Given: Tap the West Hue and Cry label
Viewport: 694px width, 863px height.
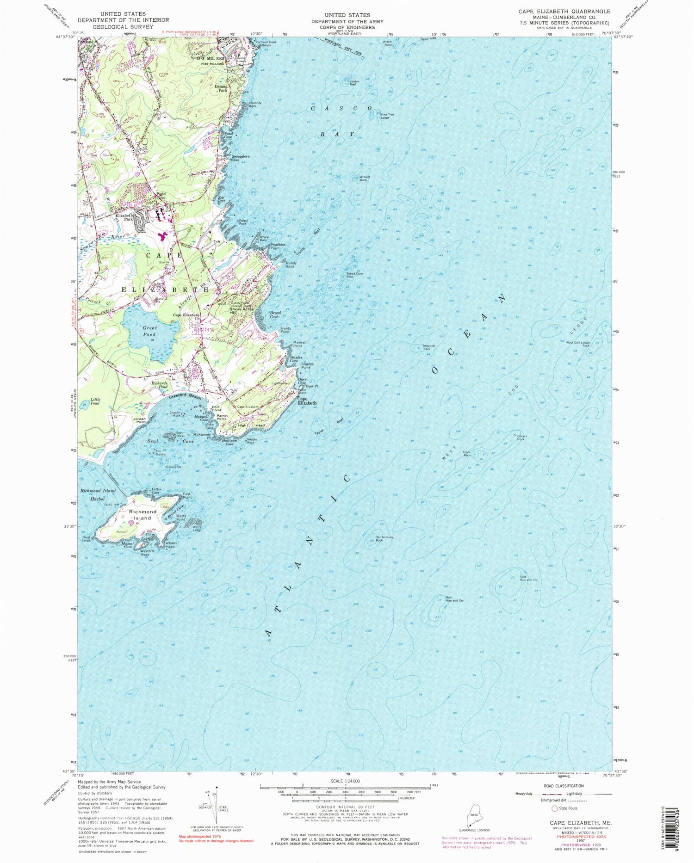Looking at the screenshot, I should pyautogui.click(x=454, y=599).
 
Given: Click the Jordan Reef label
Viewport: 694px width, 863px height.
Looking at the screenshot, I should pyautogui.click(x=354, y=83).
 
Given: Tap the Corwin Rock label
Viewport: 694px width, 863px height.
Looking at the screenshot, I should pyautogui.click(x=520, y=438).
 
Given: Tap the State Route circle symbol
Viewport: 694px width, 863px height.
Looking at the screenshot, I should pyautogui.click(x=554, y=809).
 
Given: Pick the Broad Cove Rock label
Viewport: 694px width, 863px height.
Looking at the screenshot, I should pyautogui.click(x=353, y=275).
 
